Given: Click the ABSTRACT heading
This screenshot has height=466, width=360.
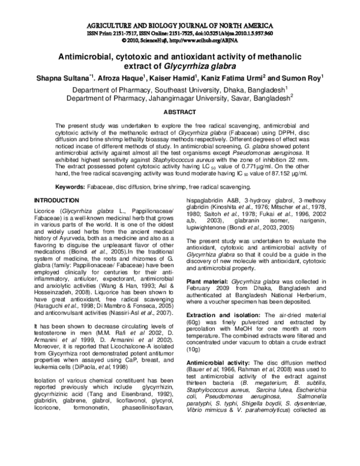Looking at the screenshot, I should (x=179, y=112).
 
